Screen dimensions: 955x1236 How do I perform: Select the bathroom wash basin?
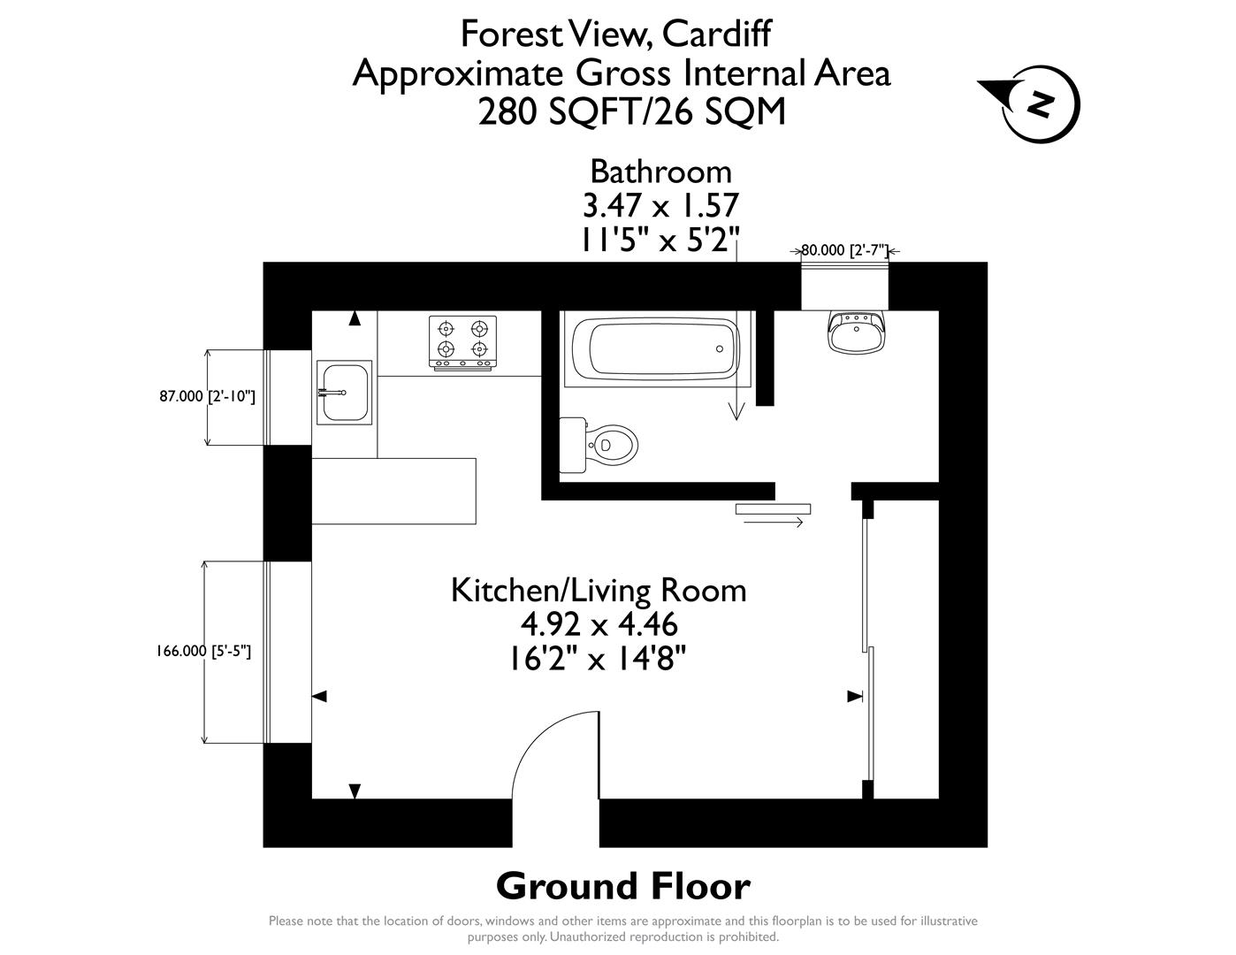coord(856,332)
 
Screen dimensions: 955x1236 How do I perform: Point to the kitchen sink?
coord(344,392)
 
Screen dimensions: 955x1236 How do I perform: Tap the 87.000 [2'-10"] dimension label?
coord(207,397)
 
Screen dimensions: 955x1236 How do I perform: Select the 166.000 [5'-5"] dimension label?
coord(203,652)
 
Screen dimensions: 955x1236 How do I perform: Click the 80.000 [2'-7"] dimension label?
coord(844,250)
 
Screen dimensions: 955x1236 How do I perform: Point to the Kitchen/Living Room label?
coord(599,590)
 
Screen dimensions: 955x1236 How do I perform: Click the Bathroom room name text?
coord(660,171)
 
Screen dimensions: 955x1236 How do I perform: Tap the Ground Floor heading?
coord(622,885)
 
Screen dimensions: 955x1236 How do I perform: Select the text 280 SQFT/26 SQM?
coord(631,112)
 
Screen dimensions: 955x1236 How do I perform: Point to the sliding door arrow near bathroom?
coord(773,523)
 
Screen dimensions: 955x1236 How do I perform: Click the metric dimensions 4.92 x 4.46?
coord(599,624)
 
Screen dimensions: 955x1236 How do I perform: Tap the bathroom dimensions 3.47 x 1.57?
coord(660,205)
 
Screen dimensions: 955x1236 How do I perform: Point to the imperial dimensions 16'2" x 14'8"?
coord(599,659)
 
